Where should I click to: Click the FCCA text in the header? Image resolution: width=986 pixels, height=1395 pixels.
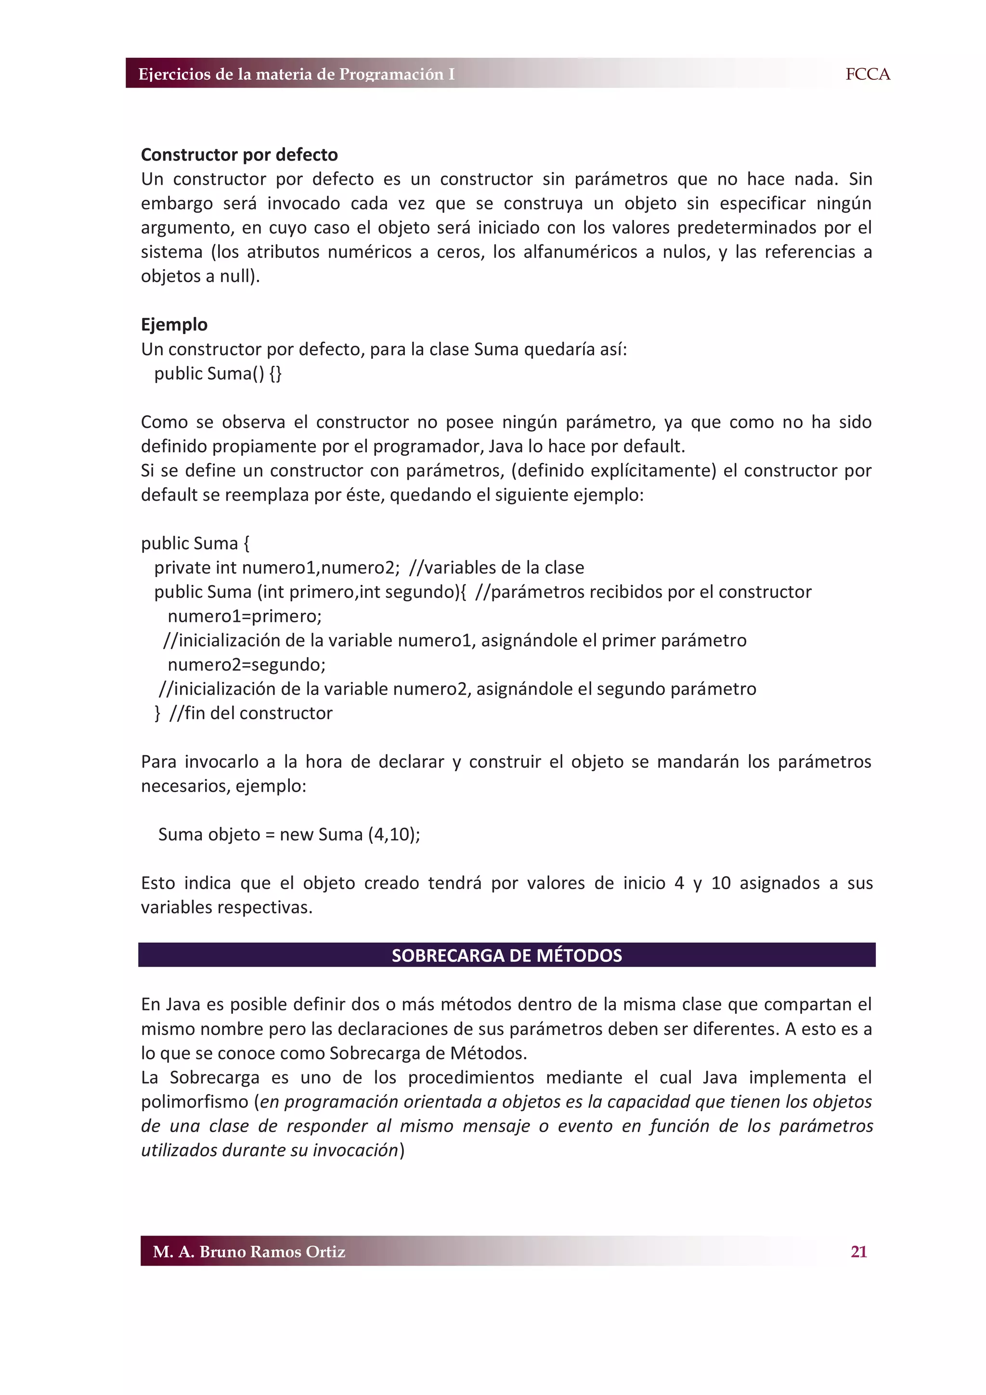(867, 74)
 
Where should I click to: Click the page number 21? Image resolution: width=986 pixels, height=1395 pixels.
(858, 1251)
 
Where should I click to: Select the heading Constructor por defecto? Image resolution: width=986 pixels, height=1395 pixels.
(239, 155)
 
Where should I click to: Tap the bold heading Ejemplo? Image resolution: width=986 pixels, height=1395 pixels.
(174, 324)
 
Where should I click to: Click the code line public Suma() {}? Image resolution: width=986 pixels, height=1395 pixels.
(218, 373)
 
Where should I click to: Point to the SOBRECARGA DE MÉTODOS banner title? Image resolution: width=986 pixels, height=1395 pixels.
(506, 955)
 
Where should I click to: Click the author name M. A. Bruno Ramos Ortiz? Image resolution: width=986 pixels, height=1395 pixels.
(249, 1252)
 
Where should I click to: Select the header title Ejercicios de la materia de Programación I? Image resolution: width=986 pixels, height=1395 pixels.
(296, 74)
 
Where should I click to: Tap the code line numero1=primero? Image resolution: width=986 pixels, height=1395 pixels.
(244, 616)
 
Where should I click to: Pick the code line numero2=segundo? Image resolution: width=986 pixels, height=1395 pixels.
(246, 665)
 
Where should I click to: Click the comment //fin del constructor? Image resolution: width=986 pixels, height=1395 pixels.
(251, 713)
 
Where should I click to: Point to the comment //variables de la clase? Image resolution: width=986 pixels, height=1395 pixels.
(496, 568)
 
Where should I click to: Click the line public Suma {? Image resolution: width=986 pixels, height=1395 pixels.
(195, 543)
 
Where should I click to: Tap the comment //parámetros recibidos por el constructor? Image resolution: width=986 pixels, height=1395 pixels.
(643, 592)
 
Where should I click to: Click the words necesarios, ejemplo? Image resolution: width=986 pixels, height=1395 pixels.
(223, 786)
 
